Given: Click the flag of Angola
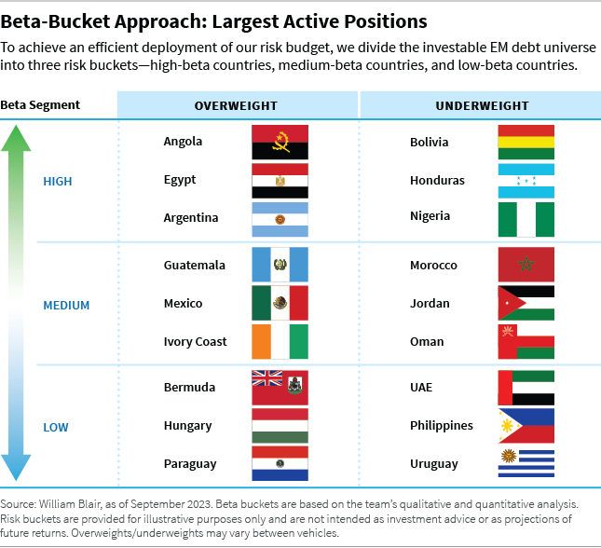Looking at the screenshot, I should click(x=280, y=142).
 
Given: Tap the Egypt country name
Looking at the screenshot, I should click(x=180, y=180).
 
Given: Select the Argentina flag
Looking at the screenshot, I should click(x=280, y=218).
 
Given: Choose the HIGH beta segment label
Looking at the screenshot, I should click(x=58, y=181).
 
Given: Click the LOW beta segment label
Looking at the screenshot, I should click(x=56, y=427).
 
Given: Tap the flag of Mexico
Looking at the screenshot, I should click(x=280, y=304).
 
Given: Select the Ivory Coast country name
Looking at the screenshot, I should click(x=196, y=342).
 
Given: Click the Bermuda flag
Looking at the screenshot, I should click(x=280, y=388).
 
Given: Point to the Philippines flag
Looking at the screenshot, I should click(x=526, y=426).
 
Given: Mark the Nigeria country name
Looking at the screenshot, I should click(x=430, y=216).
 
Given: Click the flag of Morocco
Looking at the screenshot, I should click(x=526, y=266).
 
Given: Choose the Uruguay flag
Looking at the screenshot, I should click(x=526, y=464).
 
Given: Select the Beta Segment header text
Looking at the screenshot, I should click(x=40, y=104).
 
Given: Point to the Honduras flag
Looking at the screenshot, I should click(x=526, y=181).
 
